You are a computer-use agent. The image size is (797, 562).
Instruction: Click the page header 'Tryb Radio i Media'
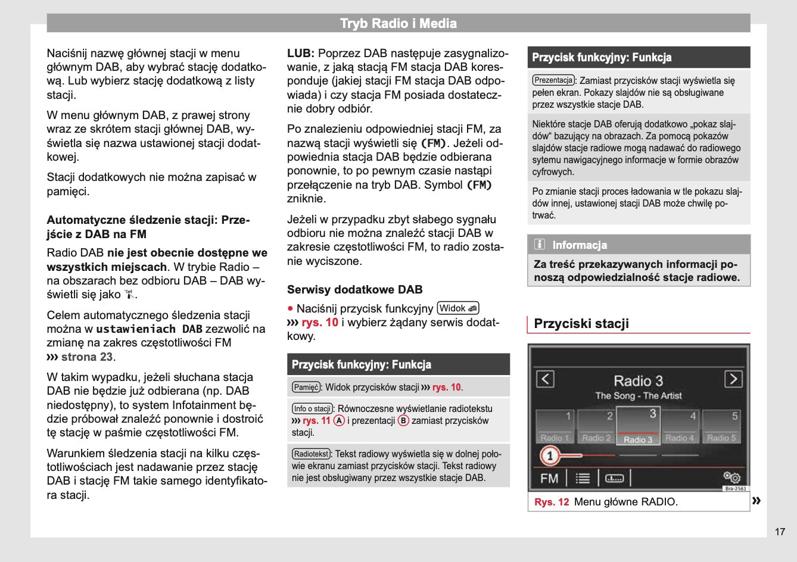click(398, 24)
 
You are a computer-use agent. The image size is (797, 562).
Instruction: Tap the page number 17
click(780, 532)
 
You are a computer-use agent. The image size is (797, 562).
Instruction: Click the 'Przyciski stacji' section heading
click(581, 324)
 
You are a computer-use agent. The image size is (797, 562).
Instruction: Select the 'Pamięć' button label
click(306, 387)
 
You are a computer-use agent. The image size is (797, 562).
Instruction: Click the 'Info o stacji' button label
click(312, 408)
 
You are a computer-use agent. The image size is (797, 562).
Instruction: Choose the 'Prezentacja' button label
click(553, 80)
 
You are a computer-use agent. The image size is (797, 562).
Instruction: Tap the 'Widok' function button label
click(458, 308)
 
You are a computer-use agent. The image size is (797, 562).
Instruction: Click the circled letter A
click(339, 420)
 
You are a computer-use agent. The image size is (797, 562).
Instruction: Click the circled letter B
click(403, 420)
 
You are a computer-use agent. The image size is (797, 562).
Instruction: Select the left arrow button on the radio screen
click(545, 379)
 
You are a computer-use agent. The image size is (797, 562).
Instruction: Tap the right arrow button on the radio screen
click(733, 379)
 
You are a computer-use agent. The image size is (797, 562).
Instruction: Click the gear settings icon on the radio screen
click(732, 477)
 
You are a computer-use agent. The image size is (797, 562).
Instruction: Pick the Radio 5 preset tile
click(721, 426)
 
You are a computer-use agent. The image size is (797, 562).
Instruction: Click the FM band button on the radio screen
click(549, 478)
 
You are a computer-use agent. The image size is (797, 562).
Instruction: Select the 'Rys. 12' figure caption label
click(552, 502)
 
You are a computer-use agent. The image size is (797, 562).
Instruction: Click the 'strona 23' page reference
click(86, 357)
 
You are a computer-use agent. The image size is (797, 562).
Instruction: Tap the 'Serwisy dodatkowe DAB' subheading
click(354, 290)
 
